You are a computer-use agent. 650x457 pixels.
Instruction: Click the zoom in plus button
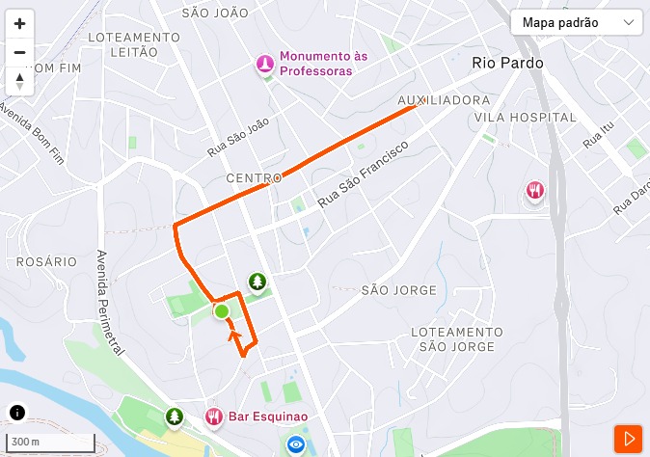(19, 24)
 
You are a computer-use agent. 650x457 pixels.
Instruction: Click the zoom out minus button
(19, 53)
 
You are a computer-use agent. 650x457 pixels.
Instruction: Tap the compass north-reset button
(19, 81)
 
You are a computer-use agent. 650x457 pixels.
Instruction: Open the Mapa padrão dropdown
(577, 22)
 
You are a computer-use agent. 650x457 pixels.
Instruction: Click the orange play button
(629, 439)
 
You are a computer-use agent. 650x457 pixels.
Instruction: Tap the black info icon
(17, 413)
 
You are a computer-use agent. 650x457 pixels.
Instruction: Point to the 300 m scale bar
(53, 443)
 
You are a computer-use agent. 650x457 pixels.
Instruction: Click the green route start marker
(222, 310)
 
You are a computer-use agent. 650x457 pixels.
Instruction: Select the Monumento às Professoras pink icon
(264, 64)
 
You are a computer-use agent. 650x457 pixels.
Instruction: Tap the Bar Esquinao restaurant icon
(214, 417)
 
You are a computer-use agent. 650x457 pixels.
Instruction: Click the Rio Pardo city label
(508, 63)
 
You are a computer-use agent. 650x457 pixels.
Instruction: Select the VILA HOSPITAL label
(525, 117)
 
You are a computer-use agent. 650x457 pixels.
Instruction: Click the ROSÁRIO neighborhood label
(46, 261)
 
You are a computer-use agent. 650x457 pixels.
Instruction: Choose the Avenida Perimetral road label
(110, 300)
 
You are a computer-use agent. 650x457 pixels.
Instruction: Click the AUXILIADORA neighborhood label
(444, 100)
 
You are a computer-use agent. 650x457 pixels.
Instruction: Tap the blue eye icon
(296, 444)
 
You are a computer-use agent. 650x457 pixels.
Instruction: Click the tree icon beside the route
(257, 281)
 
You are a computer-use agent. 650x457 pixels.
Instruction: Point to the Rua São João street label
(238, 138)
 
